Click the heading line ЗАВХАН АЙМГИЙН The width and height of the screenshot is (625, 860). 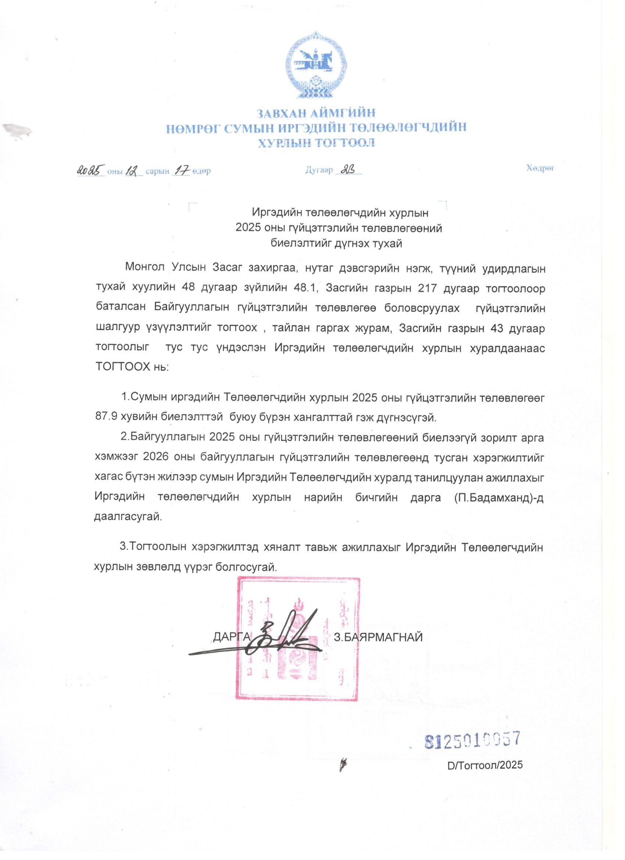tap(317, 113)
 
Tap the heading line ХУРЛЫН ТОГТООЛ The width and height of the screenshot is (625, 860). tap(317, 143)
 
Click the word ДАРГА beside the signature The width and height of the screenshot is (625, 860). tap(232, 636)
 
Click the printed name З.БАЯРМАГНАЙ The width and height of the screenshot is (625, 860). tap(378, 637)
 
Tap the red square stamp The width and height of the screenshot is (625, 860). tap(297, 638)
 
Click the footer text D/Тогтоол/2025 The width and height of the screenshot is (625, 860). tap(485, 764)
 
